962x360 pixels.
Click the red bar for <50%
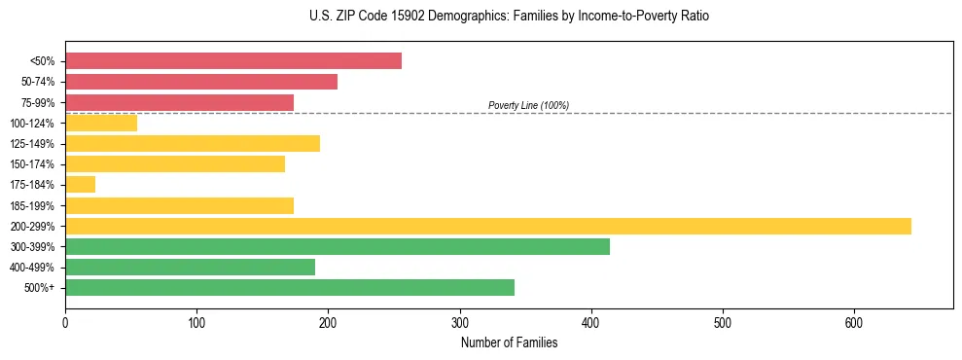click(x=233, y=61)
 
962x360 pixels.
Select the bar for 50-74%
click(x=201, y=82)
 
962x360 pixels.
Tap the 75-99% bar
click(x=179, y=102)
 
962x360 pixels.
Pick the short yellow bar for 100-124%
click(x=101, y=123)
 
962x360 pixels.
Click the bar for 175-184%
click(x=81, y=185)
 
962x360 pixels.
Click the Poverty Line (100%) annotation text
click(x=528, y=105)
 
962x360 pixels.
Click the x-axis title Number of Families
click(x=509, y=342)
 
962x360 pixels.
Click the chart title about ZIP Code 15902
click(x=509, y=17)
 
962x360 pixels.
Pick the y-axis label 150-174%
click(x=32, y=164)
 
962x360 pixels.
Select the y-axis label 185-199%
click(x=32, y=206)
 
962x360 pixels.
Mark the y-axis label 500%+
click(x=40, y=288)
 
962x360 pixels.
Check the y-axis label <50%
click(x=43, y=61)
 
